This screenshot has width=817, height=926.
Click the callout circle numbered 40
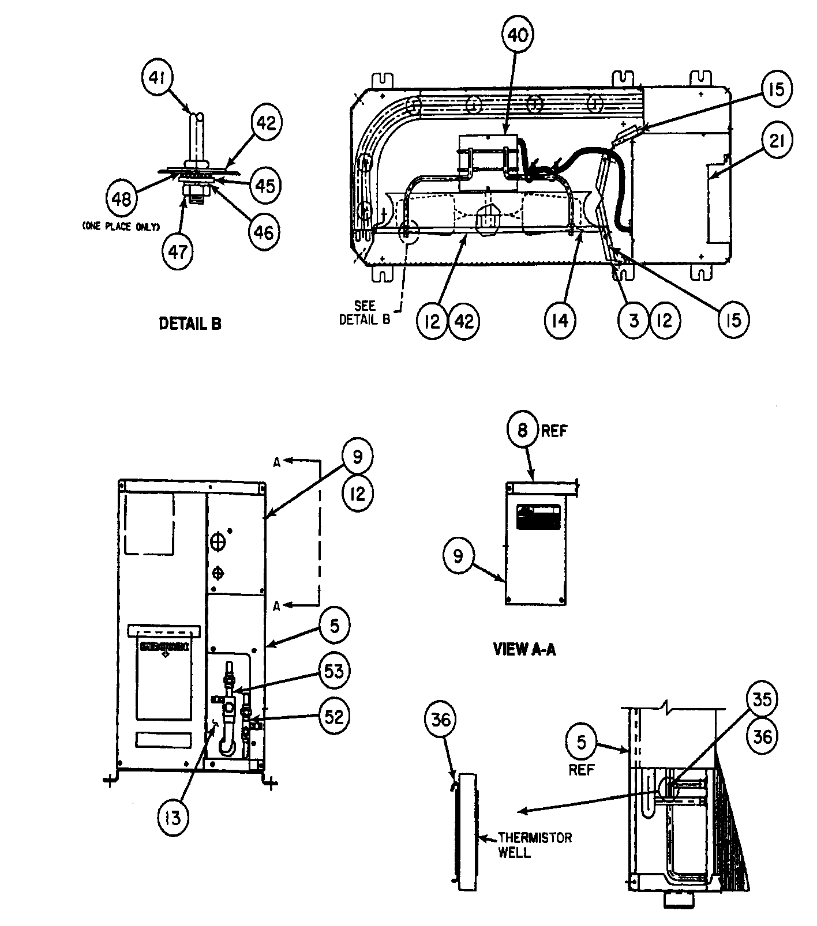tap(517, 35)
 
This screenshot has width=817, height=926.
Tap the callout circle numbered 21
tap(777, 140)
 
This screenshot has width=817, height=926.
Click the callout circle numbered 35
tap(762, 698)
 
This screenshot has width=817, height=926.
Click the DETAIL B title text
tap(190, 324)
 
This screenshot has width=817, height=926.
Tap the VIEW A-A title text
tap(524, 650)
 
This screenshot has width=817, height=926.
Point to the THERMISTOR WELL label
tap(534, 845)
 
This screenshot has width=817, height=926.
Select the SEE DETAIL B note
tap(365, 313)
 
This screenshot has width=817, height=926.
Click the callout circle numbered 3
tap(634, 320)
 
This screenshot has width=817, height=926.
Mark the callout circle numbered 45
tap(265, 186)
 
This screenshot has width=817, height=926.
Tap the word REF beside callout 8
tap(554, 431)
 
